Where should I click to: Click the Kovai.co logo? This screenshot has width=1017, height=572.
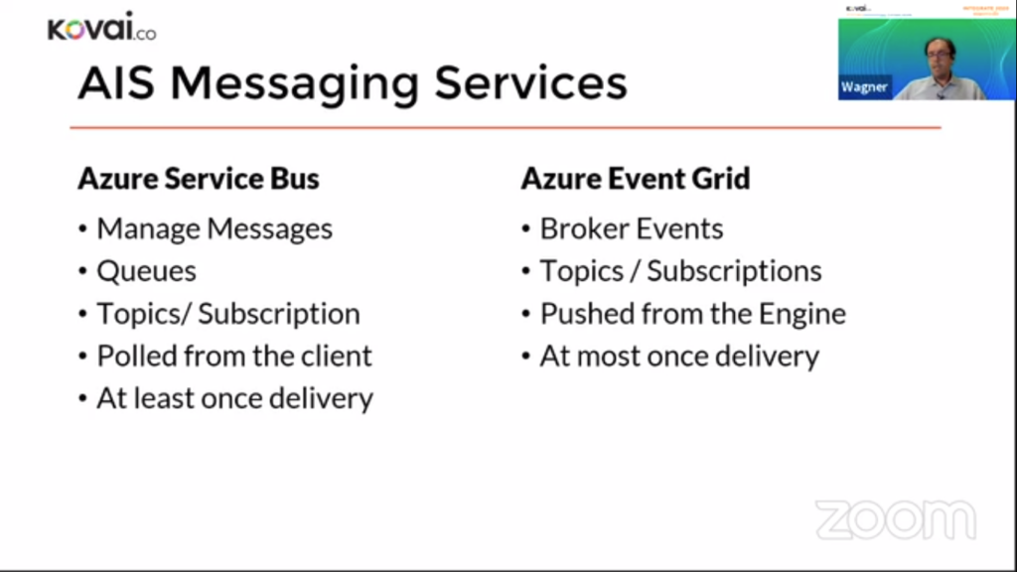[101, 29]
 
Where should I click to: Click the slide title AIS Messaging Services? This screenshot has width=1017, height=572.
[353, 83]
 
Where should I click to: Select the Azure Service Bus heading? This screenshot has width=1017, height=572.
[199, 179]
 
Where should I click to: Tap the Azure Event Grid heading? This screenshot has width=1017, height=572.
[636, 179]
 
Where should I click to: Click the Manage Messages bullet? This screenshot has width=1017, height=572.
[214, 229]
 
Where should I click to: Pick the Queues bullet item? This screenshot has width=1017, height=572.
[146, 271]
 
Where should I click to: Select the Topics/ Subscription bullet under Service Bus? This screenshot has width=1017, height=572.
[227, 314]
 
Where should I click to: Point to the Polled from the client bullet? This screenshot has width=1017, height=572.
[233, 356]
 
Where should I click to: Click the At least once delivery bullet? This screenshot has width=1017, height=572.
[234, 398]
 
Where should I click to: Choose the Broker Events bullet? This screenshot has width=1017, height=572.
[631, 229]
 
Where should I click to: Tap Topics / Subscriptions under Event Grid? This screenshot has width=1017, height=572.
[680, 271]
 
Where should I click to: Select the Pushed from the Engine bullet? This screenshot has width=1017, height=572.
[692, 314]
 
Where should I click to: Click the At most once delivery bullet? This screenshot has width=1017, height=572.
[679, 356]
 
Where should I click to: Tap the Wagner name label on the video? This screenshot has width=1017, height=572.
[864, 87]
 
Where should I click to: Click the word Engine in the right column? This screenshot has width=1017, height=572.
[802, 314]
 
